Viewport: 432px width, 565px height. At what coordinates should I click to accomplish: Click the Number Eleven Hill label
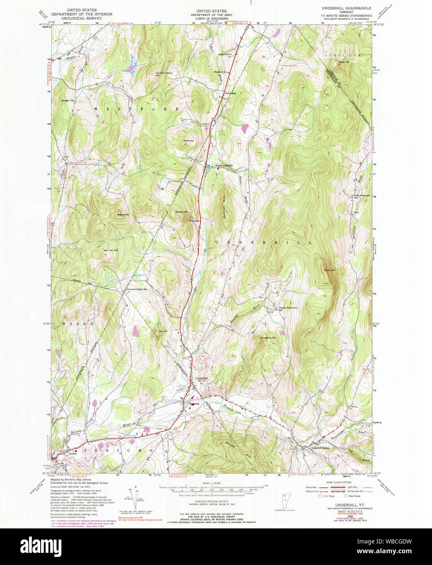(x=164, y=74)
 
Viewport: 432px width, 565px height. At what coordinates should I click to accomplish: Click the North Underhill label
(x=224, y=165)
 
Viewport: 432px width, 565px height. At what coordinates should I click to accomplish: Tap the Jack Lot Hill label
(x=110, y=250)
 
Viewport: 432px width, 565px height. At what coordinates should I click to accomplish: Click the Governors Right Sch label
(x=136, y=289)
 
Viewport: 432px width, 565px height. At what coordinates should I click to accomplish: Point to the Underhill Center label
(x=319, y=448)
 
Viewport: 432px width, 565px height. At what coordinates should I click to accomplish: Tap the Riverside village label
(x=193, y=404)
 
